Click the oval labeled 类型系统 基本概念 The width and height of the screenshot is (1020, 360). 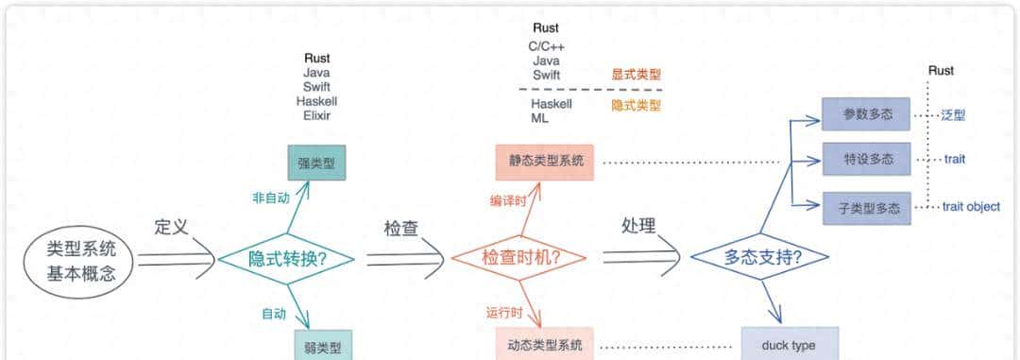click(x=82, y=262)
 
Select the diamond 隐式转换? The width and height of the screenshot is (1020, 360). click(x=287, y=258)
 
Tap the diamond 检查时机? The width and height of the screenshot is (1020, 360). click(x=520, y=258)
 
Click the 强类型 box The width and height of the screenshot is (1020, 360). click(x=316, y=163)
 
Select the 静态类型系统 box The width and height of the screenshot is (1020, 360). click(x=546, y=162)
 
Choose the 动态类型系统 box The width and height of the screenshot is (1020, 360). click(x=546, y=344)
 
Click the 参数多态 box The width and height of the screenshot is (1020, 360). click(x=865, y=114)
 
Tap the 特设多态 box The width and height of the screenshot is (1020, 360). click(x=865, y=160)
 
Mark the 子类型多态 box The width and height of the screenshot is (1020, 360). click(x=865, y=207)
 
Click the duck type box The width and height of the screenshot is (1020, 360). click(x=789, y=345)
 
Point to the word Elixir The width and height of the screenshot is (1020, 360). click(x=316, y=115)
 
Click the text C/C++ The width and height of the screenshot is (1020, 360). click(x=546, y=45)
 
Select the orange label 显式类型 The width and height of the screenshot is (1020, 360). click(x=637, y=75)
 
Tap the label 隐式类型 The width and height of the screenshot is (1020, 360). click(x=637, y=104)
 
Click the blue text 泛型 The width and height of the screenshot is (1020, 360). click(x=953, y=114)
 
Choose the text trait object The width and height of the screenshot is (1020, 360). click(x=971, y=207)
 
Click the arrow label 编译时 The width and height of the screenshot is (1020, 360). click(x=507, y=200)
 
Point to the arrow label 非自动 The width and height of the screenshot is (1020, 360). click(x=270, y=198)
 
